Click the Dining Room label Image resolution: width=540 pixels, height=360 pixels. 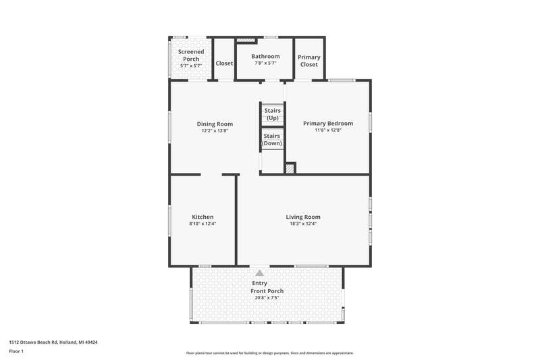pyautogui.click(x=215, y=124)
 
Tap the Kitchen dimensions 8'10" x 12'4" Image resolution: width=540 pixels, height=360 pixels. pyautogui.click(x=202, y=224)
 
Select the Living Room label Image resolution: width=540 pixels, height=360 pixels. pyautogui.click(x=303, y=217)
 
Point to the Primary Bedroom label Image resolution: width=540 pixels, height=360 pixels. pyautogui.click(x=328, y=124)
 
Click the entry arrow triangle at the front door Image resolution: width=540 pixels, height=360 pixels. pyautogui.click(x=260, y=273)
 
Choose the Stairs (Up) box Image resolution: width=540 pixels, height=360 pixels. pyautogui.click(x=273, y=114)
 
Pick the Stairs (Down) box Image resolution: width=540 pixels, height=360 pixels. pyautogui.click(x=272, y=140)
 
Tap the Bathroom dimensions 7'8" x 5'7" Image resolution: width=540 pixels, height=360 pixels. pyautogui.click(x=265, y=63)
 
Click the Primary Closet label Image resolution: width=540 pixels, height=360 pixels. pyautogui.click(x=309, y=61)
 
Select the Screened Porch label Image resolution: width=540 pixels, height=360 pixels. pyautogui.click(x=191, y=55)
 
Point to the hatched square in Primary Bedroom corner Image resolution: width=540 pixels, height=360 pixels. pyautogui.click(x=290, y=169)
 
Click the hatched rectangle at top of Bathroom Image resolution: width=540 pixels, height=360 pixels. pyautogui.click(x=246, y=40)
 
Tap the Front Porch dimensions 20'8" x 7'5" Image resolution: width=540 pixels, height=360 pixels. pyautogui.click(x=267, y=298)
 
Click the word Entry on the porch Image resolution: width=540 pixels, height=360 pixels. pyautogui.click(x=260, y=283)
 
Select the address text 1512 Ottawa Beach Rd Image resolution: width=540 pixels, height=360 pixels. pyautogui.click(x=33, y=342)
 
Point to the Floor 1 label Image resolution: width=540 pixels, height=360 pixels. pyautogui.click(x=16, y=351)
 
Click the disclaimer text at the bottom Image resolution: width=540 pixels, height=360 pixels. pyautogui.click(x=270, y=353)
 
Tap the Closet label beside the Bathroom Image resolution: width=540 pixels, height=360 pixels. pyautogui.click(x=224, y=63)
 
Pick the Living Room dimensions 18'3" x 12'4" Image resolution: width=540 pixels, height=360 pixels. pyautogui.click(x=303, y=224)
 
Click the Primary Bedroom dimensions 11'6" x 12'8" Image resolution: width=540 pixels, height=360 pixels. pyautogui.click(x=328, y=130)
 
